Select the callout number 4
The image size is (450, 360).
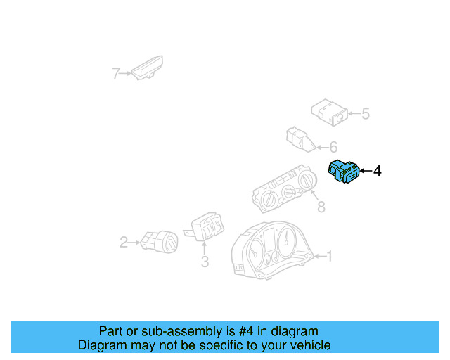377,171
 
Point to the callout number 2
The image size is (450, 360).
124,243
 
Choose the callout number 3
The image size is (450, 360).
205,262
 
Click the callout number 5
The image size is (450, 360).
365,113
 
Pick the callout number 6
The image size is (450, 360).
333,148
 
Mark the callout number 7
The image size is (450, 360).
117,72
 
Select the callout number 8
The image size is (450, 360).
321,207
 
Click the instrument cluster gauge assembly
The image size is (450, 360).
271,252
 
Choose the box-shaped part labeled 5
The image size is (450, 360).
330,112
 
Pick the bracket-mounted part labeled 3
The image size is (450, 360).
205,227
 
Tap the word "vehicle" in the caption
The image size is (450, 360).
307,345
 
